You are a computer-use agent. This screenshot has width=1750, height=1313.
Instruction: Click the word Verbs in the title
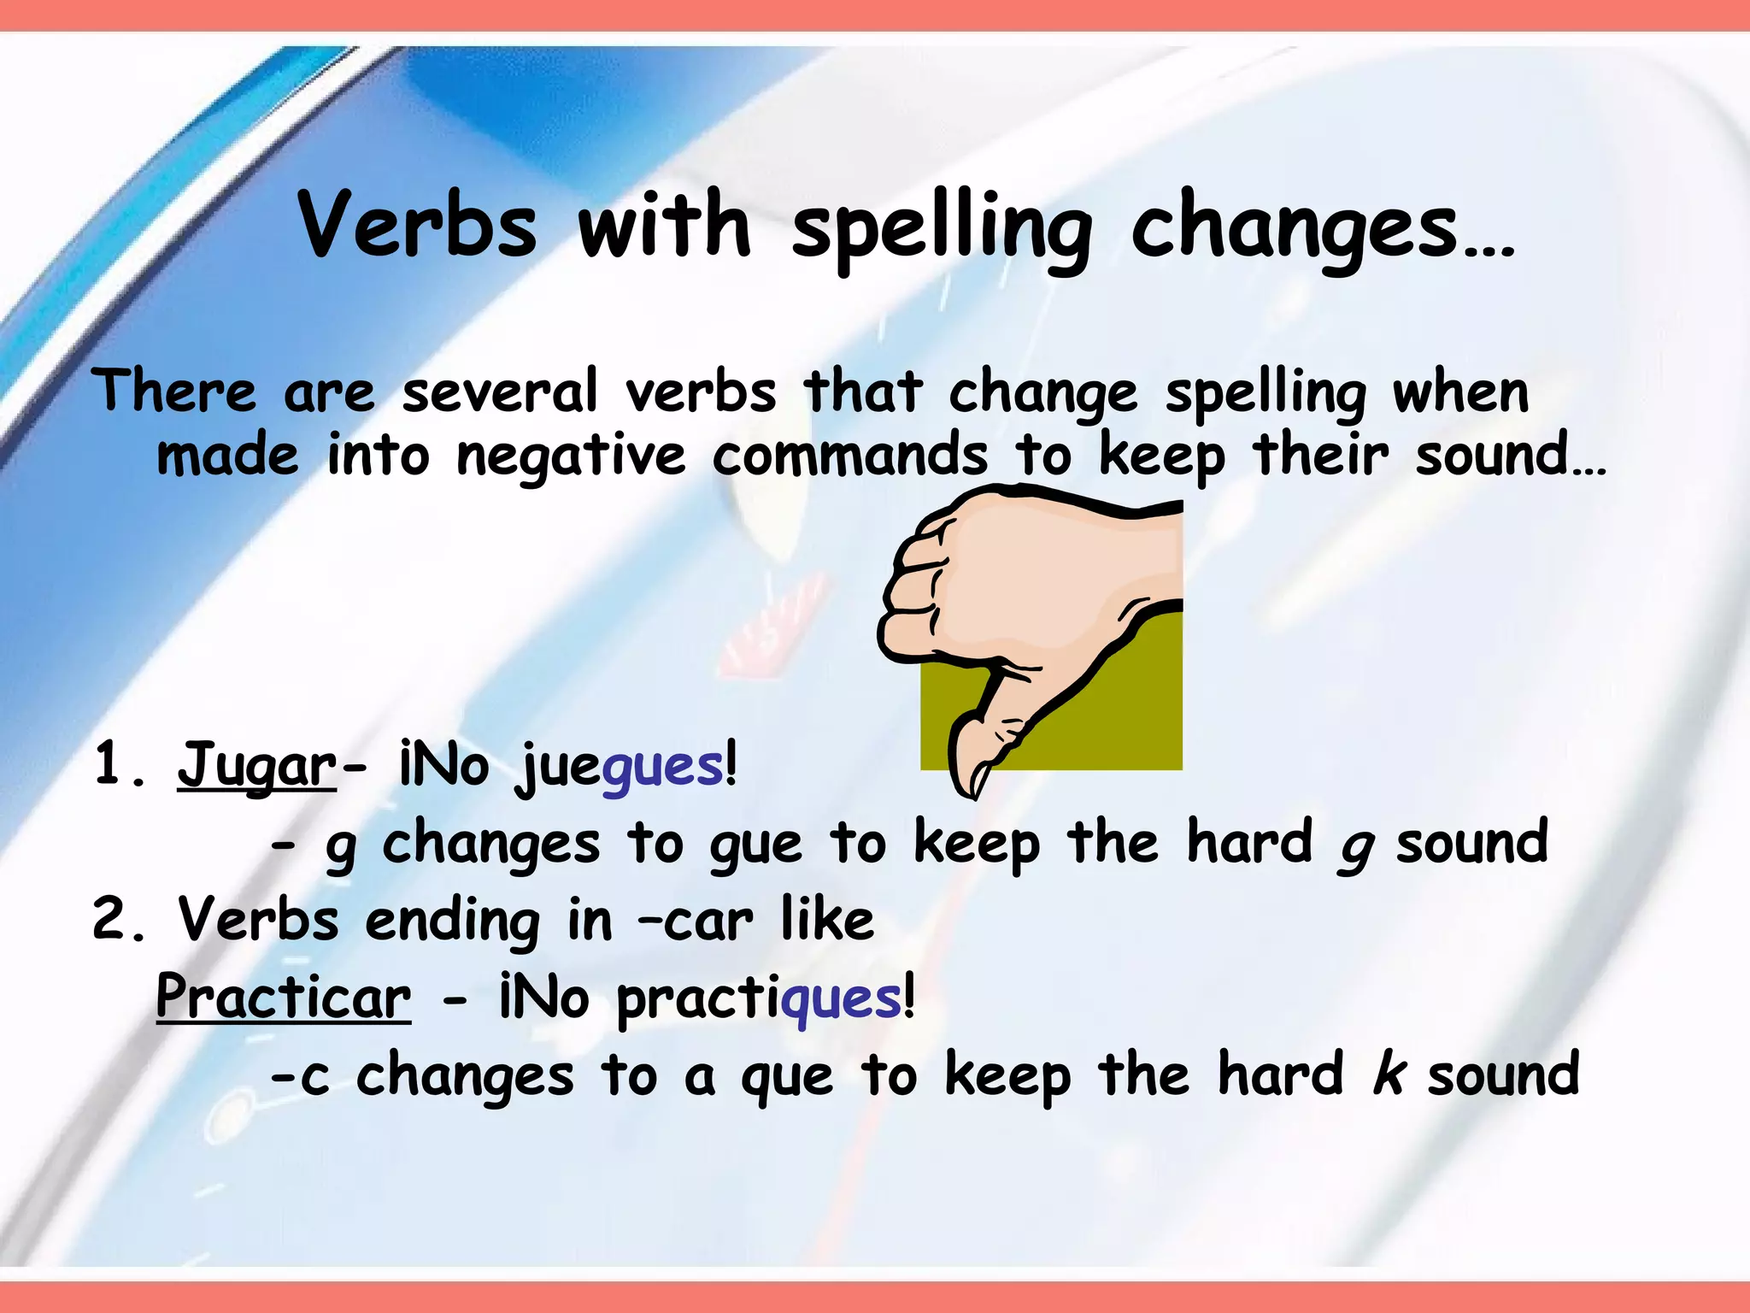click(418, 224)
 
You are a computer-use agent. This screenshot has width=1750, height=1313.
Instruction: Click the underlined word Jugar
click(257, 764)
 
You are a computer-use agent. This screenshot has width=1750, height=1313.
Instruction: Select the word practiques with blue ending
click(759, 998)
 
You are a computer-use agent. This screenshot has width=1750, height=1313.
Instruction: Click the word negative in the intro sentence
click(570, 456)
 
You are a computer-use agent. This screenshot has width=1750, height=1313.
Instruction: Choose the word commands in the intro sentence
click(850, 455)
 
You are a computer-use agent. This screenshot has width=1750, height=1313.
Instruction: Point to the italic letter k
click(1389, 1075)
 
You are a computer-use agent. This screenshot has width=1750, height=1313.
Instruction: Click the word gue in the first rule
click(755, 845)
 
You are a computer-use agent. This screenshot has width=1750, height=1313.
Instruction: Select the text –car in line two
click(696, 921)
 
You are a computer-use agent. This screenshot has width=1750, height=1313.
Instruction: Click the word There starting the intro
click(174, 392)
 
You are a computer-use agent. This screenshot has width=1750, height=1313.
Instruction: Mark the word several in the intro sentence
click(500, 392)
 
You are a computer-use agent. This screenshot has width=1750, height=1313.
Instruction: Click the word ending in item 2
click(452, 921)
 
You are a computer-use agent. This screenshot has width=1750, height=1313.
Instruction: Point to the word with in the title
click(664, 224)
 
